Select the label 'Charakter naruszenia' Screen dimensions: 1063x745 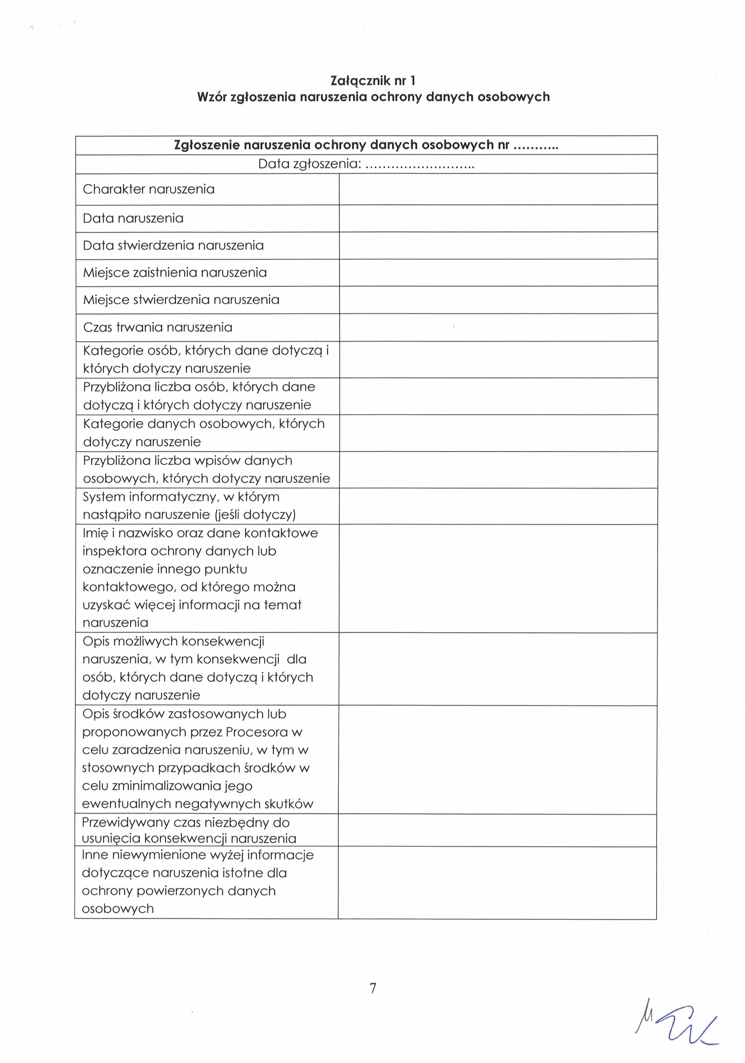pyautogui.click(x=149, y=189)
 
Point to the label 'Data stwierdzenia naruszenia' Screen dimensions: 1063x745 pyautogui.click(x=173, y=245)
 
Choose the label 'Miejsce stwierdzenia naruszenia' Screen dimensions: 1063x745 pyautogui.click(x=181, y=300)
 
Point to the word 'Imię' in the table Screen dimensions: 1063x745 pyautogui.click(x=95, y=533)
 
